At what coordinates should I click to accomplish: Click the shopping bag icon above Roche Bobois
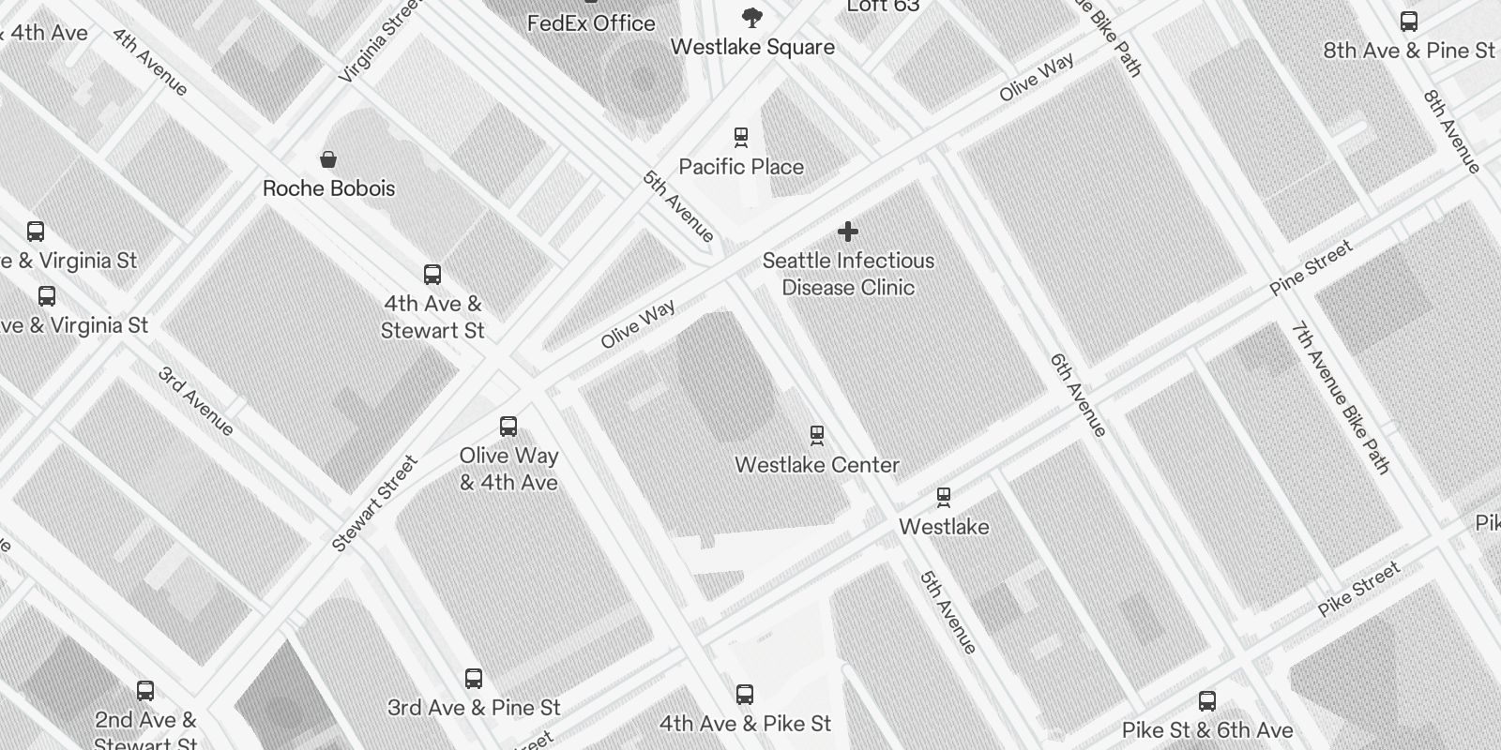[328, 158]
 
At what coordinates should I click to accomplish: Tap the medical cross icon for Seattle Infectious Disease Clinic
[848, 232]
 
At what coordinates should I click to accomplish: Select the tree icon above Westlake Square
[751, 17]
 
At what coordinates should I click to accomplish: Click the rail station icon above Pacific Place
[741, 138]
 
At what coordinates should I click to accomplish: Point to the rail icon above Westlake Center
[817, 435]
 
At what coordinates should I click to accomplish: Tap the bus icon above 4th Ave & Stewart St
[432, 275]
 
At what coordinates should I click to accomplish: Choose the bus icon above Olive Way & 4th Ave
[508, 427]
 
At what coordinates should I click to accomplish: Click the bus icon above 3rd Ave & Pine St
[474, 679]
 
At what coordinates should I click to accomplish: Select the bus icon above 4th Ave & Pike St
[745, 695]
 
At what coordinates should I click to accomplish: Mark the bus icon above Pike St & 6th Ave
[1207, 701]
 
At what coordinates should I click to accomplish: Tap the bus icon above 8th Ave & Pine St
[1408, 22]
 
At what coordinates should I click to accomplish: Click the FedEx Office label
[591, 23]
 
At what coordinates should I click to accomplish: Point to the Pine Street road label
[1311, 268]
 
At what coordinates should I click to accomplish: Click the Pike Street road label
[1358, 589]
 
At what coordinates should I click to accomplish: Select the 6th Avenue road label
[1079, 395]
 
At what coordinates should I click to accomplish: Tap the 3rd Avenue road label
[196, 401]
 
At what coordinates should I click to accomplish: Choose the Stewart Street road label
[374, 503]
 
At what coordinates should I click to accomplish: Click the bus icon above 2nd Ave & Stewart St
[145, 691]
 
